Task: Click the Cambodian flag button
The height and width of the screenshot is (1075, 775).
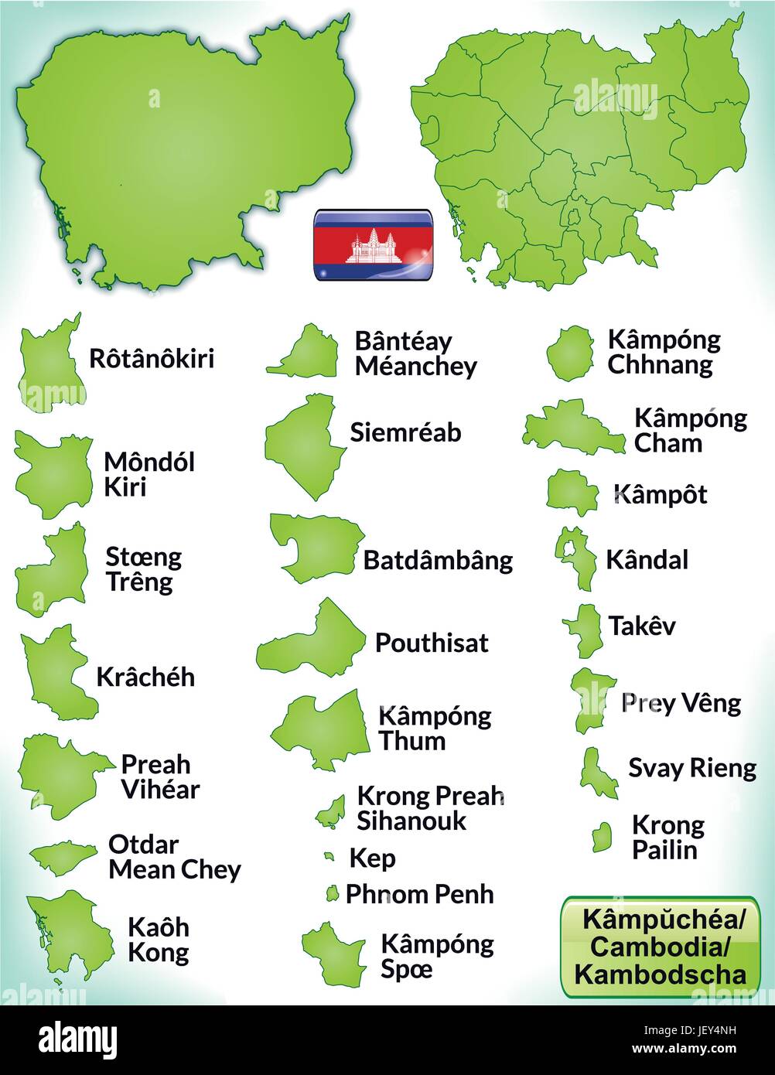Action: point(372,244)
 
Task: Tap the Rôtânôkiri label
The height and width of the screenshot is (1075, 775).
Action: point(152,359)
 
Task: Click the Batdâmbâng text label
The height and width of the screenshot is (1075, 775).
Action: point(438,560)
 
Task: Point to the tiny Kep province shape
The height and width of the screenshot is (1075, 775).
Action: point(329,857)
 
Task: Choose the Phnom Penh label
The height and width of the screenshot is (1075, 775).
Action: point(419,894)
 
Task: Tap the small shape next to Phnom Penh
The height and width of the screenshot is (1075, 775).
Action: point(332,894)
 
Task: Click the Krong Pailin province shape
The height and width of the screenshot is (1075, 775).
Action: point(602,837)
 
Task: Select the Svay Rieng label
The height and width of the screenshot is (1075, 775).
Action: point(691,768)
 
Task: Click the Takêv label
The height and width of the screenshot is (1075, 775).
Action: point(641,626)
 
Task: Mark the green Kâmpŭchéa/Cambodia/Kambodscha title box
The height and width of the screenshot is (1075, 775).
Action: point(660,946)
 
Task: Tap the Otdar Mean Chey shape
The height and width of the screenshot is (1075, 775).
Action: point(63,856)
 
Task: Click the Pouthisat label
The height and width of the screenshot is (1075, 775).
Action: point(432,643)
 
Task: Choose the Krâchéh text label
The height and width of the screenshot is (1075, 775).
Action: point(145,677)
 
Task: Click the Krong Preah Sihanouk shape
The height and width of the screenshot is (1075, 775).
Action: point(331,811)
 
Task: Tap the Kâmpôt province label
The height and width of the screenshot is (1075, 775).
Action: point(660,494)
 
